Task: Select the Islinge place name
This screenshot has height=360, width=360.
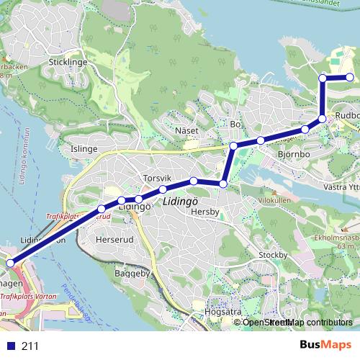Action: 84,149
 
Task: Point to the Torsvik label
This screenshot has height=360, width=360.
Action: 156,177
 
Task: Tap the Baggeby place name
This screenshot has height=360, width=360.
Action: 131,274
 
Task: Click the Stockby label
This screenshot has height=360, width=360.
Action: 273,254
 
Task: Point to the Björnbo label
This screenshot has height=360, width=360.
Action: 293,153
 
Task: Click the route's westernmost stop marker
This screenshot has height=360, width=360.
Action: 9,263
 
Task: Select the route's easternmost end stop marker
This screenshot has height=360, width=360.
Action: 350,77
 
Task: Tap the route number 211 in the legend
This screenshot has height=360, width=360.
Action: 30,346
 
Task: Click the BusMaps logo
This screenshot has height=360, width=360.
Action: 325,346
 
